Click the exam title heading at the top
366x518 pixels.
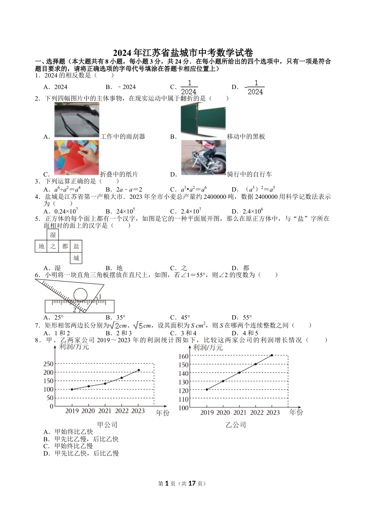click(183, 53)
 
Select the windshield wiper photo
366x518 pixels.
click(77, 120)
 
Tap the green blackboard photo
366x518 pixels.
click(203, 120)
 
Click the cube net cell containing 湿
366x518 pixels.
click(53, 235)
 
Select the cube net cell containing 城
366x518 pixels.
click(76, 258)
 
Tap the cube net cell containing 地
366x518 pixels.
click(41, 246)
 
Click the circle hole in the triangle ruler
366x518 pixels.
click(81, 295)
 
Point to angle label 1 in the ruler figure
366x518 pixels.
click(100, 296)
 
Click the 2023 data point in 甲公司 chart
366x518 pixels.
click(139, 370)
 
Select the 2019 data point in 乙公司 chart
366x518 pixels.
click(207, 389)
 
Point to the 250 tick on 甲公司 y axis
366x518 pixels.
click(49, 364)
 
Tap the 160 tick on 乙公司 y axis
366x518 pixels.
click(184, 356)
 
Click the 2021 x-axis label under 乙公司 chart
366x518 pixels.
click(239, 412)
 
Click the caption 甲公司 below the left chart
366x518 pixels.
click(107, 425)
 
